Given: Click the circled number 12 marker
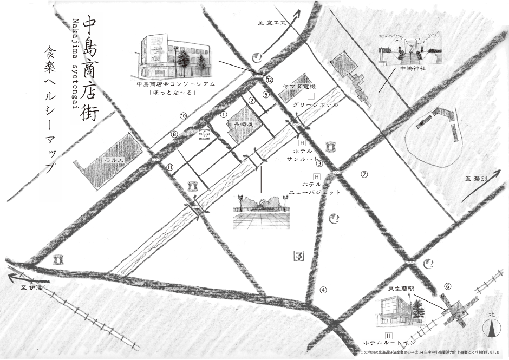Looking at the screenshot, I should (x=269, y=79).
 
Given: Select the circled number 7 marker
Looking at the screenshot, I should (x=364, y=174).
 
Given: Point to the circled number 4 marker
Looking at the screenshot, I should (x=323, y=289).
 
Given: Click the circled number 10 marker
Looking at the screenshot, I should (x=183, y=116).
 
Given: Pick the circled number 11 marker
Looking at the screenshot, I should (x=170, y=167).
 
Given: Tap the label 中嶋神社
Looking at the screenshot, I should (x=413, y=69).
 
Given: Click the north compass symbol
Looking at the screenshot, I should (x=491, y=327).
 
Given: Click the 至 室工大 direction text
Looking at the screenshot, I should (x=269, y=22).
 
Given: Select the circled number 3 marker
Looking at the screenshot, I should (x=320, y=163).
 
